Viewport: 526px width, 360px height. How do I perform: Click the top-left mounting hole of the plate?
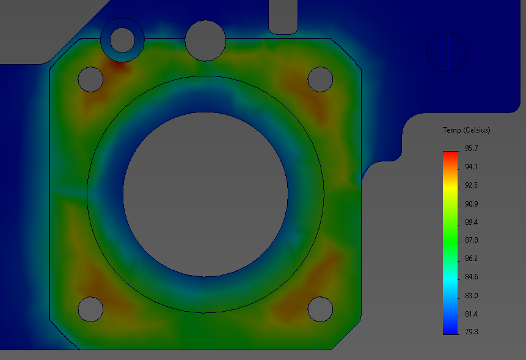point(90,79)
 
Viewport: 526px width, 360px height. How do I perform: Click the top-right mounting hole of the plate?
point(320,79)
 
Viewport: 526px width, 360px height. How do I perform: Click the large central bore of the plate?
point(205,194)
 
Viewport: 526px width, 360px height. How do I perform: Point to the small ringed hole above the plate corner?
point(122,40)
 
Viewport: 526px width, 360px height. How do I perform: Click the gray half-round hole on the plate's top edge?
point(206,40)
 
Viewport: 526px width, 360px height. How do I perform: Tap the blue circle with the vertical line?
point(446,51)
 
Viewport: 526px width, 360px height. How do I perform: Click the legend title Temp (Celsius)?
point(467,130)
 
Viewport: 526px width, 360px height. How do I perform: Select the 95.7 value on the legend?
point(472,149)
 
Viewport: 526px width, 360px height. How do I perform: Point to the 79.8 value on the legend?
point(472,332)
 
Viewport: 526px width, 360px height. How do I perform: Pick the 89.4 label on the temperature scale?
point(472,222)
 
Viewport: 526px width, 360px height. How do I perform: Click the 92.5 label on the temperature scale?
point(472,185)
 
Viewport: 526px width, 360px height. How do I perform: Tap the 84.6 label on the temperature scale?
point(472,277)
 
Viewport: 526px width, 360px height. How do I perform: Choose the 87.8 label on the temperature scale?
point(472,240)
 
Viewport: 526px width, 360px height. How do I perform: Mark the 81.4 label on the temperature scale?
point(472,314)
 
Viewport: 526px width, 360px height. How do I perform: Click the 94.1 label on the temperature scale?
point(472,167)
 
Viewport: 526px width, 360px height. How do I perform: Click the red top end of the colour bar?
point(450,155)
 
